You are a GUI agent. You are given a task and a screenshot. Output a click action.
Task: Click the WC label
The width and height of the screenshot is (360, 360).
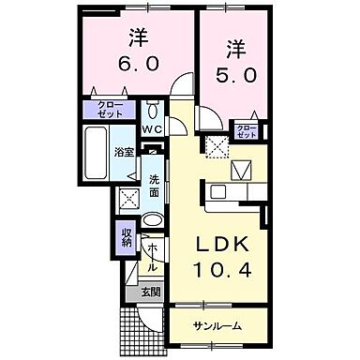click(152, 130)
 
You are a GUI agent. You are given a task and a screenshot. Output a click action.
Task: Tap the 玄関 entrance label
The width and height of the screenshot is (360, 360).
click(151, 292)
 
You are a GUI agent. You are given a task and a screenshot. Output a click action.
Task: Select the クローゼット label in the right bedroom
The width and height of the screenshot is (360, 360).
click(247, 131)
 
